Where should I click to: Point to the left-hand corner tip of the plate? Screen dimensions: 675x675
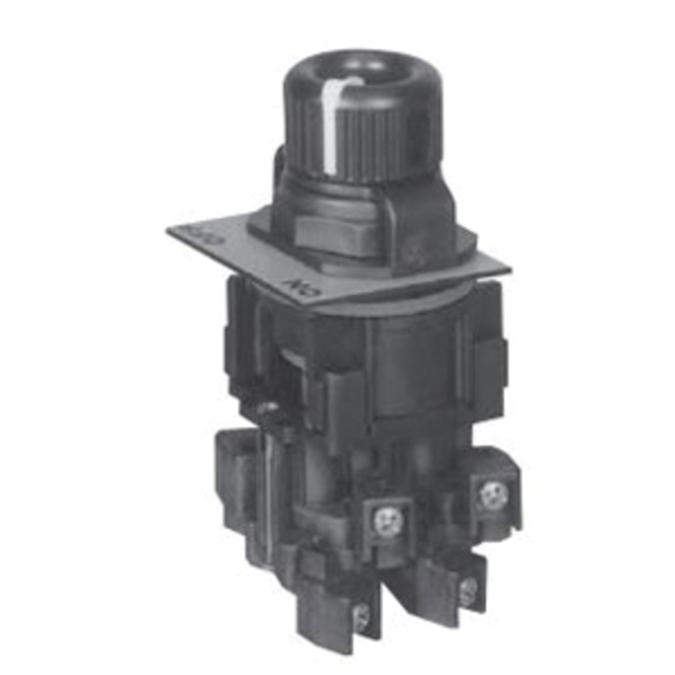coord(169,230)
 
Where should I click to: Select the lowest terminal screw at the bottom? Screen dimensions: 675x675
coord(362,615)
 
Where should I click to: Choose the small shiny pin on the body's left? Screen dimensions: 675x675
coord(271,407)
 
